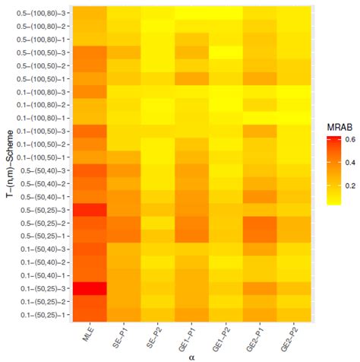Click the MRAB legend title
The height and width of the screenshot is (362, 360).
tap(336, 125)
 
